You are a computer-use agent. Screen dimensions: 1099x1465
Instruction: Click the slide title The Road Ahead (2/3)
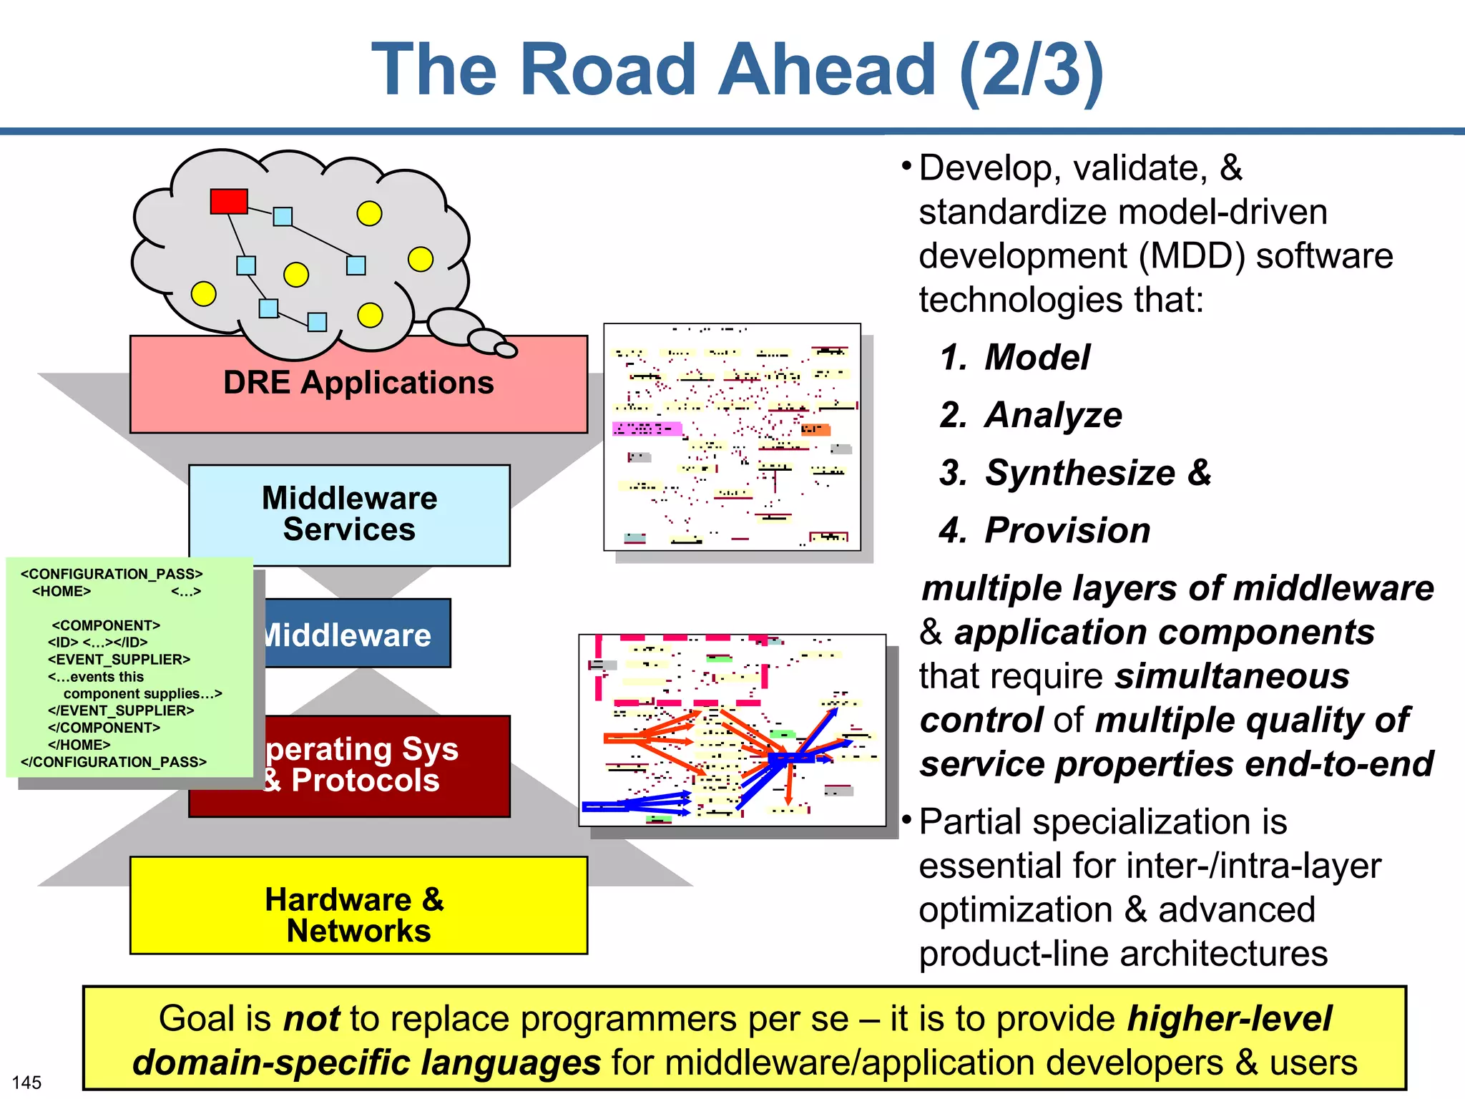[737, 69]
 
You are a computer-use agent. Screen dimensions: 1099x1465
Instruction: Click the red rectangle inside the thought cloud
[229, 201]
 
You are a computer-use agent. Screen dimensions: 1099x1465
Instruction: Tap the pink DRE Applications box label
[358, 383]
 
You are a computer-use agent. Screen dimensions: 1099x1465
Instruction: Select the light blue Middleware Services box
[349, 514]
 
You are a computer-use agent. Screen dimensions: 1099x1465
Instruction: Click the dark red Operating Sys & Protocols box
[386, 765]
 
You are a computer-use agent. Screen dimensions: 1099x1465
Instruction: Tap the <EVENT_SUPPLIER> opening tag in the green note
[119, 659]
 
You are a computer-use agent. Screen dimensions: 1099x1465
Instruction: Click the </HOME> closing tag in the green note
[79, 745]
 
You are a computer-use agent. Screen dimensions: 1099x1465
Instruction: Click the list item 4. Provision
[1044, 530]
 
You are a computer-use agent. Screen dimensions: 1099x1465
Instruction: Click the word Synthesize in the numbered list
[1079, 473]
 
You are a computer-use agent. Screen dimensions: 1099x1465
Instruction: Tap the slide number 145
[26, 1082]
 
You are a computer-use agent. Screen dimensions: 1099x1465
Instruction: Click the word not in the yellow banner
[311, 1018]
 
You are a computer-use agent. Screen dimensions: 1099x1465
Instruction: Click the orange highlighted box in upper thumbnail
[815, 429]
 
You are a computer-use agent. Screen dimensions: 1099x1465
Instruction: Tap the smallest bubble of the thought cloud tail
[506, 350]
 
